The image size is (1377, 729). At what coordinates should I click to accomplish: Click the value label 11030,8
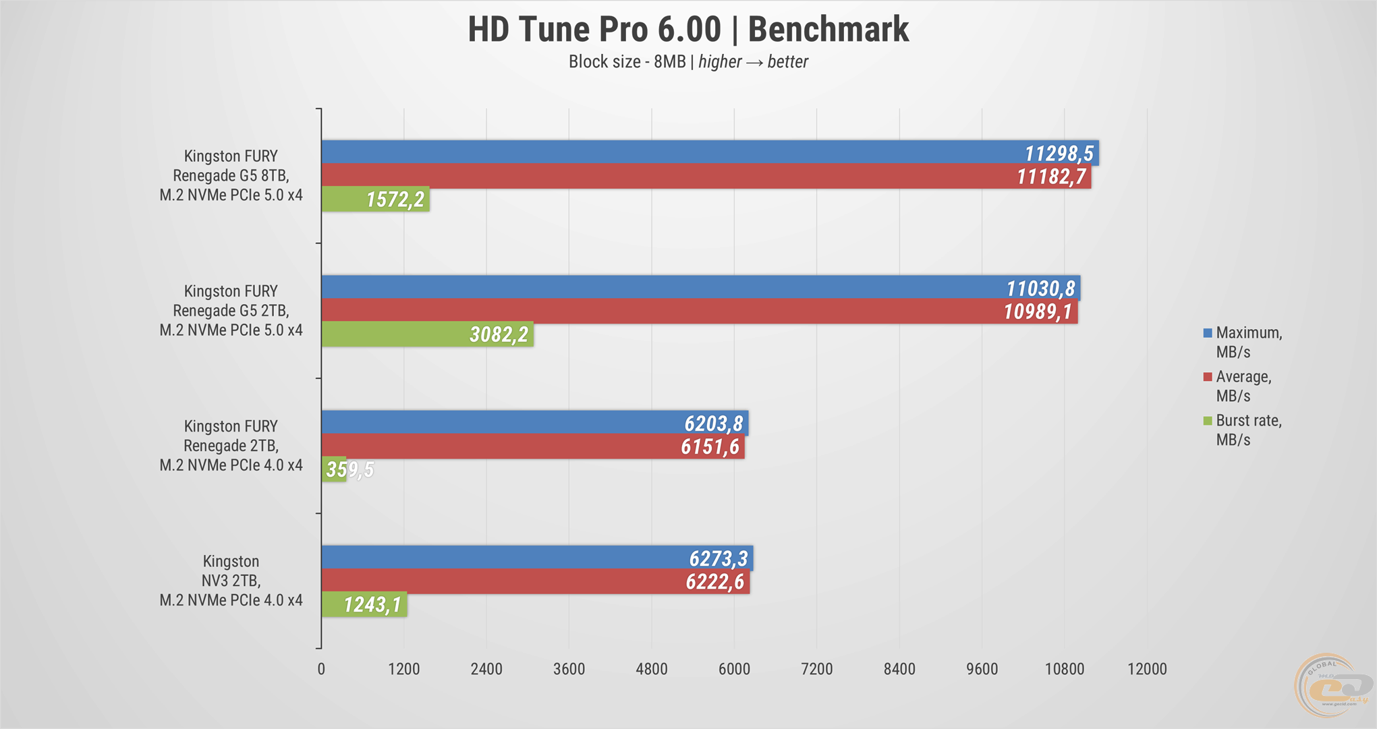[x=1040, y=289]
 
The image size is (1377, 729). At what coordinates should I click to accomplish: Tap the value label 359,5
[x=349, y=469]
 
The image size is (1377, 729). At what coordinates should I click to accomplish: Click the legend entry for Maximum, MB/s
[x=1247, y=342]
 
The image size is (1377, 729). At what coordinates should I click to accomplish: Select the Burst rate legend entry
[x=1247, y=430]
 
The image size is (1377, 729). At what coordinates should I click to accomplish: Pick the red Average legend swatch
[x=1208, y=377]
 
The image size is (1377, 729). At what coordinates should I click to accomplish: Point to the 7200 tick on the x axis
[x=816, y=669]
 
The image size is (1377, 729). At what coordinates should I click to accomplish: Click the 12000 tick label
[x=1147, y=669]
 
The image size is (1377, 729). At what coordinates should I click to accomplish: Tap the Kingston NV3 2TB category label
[x=231, y=581]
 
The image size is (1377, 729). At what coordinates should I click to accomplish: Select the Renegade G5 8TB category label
[x=231, y=175]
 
